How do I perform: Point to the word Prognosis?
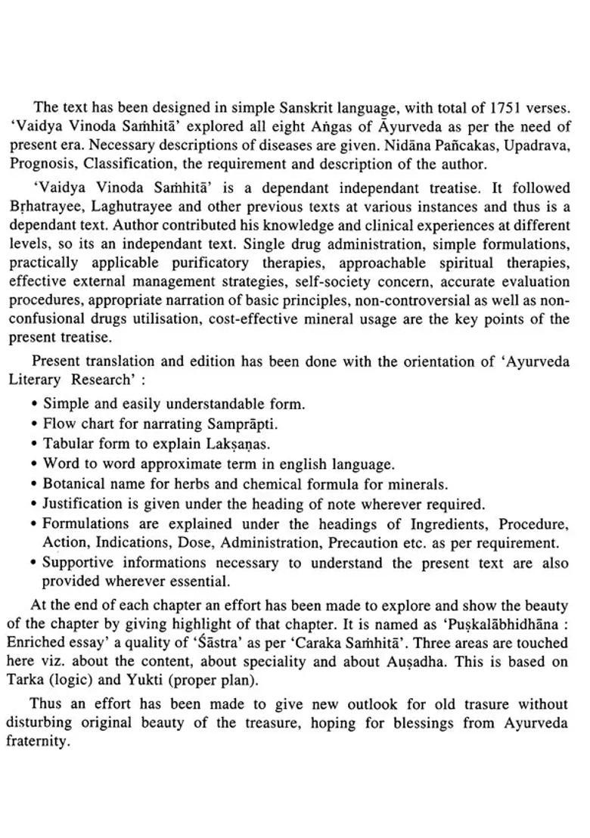click(43, 163)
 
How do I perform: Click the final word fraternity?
click(38, 741)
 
